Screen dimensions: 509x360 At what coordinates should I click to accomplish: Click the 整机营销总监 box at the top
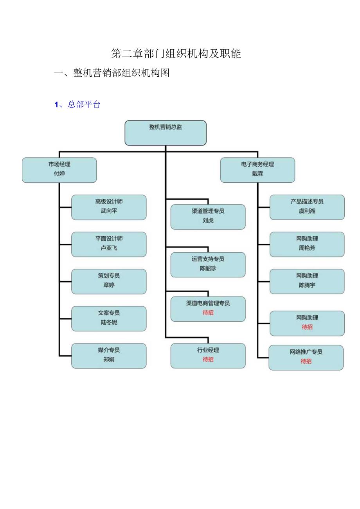(166, 133)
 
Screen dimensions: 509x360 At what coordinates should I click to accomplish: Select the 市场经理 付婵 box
(59, 170)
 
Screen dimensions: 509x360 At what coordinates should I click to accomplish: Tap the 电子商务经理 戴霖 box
(257, 170)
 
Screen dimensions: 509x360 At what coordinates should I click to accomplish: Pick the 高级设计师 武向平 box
(109, 207)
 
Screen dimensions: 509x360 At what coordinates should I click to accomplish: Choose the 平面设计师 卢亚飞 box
(109, 244)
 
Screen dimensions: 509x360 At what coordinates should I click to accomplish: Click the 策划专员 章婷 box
(109, 281)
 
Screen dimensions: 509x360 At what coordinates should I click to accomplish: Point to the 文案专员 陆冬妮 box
(109, 318)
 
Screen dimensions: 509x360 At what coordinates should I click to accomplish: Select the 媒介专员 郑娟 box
(109, 356)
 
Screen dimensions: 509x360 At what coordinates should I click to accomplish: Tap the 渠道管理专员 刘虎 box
(208, 216)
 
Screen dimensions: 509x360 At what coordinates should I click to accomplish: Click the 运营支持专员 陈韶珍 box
(208, 264)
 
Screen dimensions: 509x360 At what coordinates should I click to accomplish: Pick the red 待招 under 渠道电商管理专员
(208, 313)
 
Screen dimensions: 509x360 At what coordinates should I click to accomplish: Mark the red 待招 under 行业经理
(208, 360)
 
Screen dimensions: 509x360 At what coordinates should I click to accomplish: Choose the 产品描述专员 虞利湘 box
(307, 207)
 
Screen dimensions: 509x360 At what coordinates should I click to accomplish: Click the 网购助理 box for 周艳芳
(307, 244)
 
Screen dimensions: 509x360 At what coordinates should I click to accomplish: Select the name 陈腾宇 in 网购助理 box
(307, 286)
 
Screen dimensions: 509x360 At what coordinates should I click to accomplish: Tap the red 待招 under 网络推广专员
(306, 362)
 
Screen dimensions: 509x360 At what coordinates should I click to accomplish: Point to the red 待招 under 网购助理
(307, 327)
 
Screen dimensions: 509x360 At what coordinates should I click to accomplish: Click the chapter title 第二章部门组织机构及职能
(176, 54)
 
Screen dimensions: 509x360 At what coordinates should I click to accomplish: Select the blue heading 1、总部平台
(77, 104)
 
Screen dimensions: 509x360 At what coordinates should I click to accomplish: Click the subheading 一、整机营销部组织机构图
(112, 73)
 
